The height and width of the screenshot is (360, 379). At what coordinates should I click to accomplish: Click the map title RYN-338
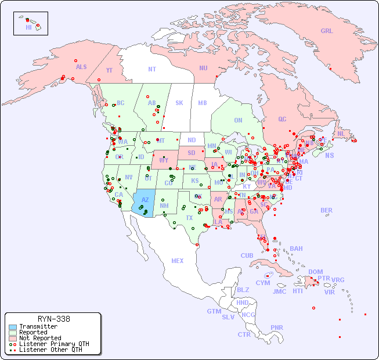click(x=53, y=319)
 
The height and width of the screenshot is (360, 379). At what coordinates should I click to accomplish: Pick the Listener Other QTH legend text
click(x=50, y=350)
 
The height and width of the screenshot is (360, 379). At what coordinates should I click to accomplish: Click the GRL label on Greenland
click(x=327, y=31)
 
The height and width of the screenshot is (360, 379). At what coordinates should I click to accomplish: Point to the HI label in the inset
click(x=28, y=27)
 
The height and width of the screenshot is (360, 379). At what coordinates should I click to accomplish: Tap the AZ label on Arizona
click(x=145, y=200)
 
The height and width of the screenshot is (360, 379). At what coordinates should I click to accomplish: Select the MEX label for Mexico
click(x=178, y=261)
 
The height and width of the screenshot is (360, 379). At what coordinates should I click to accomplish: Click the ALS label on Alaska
click(x=81, y=67)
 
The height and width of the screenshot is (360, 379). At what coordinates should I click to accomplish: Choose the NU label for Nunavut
click(x=203, y=68)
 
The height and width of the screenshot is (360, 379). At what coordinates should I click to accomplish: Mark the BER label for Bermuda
click(x=327, y=210)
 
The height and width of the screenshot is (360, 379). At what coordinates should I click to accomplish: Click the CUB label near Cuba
click(x=247, y=255)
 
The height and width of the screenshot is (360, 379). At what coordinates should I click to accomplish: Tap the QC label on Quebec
click(x=282, y=119)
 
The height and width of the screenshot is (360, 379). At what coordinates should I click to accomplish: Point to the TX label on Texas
click(x=189, y=218)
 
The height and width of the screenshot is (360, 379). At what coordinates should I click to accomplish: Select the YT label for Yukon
click(x=109, y=70)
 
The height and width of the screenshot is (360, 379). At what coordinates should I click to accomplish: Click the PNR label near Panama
click(x=277, y=327)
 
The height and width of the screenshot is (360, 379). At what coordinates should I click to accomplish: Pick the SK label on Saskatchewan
click(x=179, y=103)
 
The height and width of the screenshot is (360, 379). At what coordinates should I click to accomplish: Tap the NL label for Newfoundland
click(x=341, y=133)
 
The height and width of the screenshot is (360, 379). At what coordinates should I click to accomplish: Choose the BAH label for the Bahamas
click(x=296, y=249)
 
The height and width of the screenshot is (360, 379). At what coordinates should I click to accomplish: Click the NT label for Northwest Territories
click(x=151, y=69)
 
